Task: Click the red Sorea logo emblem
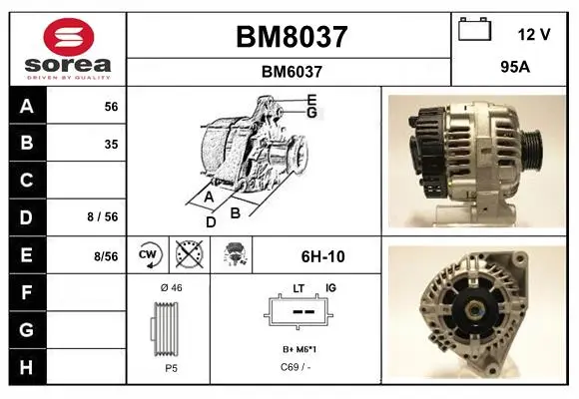click(x=69, y=37)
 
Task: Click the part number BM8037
click(x=291, y=37)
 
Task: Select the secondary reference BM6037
click(x=291, y=72)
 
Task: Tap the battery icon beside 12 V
click(x=474, y=29)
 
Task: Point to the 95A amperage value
click(x=515, y=67)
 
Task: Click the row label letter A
click(x=27, y=107)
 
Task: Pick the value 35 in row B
click(x=111, y=145)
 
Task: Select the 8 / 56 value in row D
click(x=103, y=217)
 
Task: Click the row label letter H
click(x=26, y=367)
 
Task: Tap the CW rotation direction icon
click(x=148, y=254)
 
